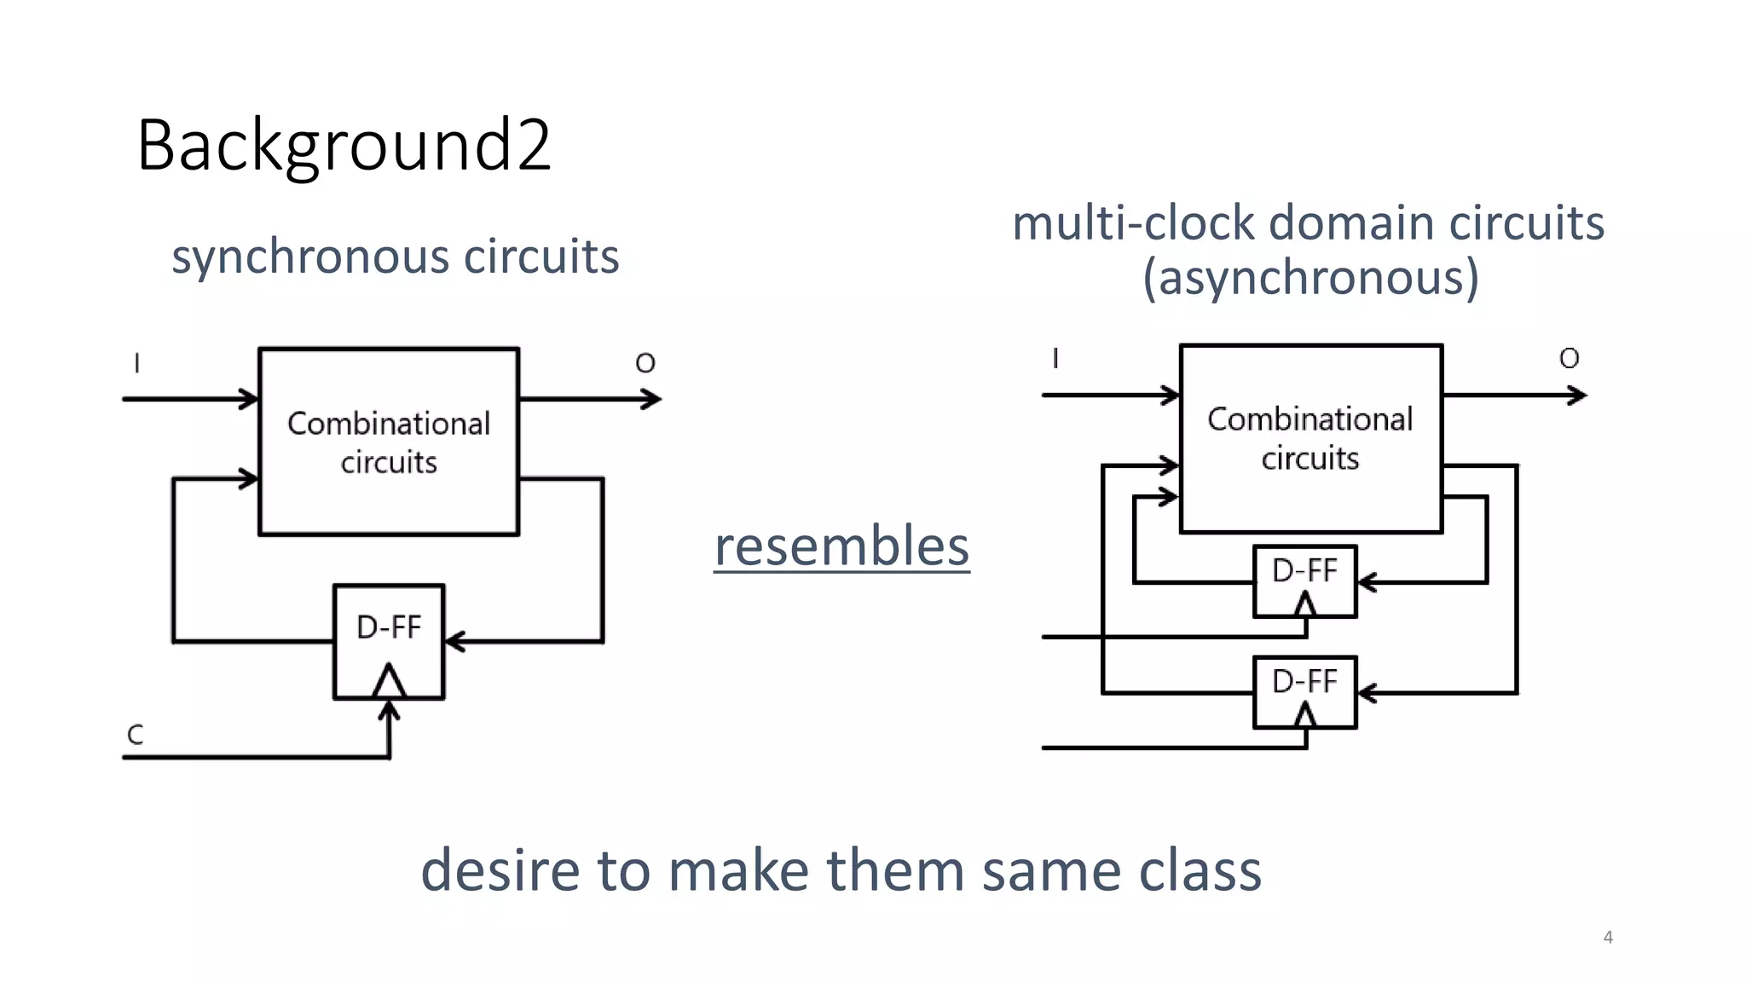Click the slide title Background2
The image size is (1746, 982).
[x=344, y=146]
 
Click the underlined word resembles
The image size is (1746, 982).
[x=841, y=546]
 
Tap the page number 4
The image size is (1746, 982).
[x=1608, y=937]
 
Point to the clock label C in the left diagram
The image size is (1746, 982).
[x=135, y=735]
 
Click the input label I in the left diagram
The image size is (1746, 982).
[x=136, y=364]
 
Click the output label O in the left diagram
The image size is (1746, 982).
[x=645, y=364]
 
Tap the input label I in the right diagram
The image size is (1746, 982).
[x=1055, y=358]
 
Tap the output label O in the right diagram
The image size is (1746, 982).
[x=1569, y=358]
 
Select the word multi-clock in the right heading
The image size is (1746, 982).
[x=1134, y=223]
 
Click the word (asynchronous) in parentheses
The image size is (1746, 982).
[x=1310, y=278]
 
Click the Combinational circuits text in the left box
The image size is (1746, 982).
[x=389, y=442]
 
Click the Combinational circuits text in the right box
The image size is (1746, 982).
[x=1310, y=438]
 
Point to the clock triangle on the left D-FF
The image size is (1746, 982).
[x=390, y=681]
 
